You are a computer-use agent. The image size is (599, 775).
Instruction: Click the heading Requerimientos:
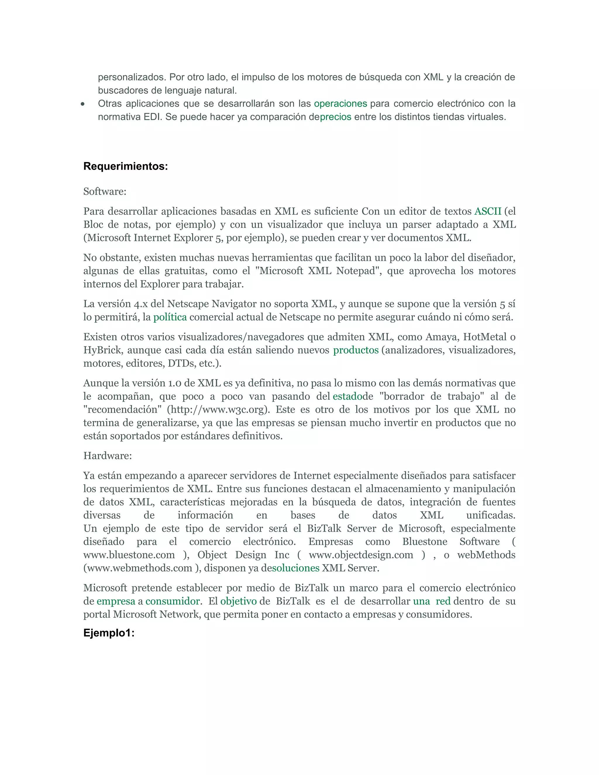(125, 166)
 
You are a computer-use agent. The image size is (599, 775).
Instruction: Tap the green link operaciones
(340, 104)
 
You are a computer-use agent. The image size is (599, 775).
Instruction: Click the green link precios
(335, 117)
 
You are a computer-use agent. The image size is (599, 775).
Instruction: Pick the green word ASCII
(488, 211)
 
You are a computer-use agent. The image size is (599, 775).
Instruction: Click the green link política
(170, 317)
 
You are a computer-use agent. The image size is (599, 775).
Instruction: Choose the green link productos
(356, 350)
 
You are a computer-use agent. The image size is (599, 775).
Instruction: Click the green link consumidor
(173, 601)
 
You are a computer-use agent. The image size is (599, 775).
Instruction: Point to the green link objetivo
(238, 601)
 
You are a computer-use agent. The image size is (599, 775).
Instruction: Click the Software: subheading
(105, 192)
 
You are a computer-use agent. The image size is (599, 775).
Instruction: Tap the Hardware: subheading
(108, 456)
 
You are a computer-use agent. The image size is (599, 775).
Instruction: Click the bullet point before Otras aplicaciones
(83, 104)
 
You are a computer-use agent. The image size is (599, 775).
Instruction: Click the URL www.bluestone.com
(129, 555)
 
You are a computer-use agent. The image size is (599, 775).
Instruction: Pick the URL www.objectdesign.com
(361, 555)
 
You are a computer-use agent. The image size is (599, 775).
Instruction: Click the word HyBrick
(103, 350)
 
